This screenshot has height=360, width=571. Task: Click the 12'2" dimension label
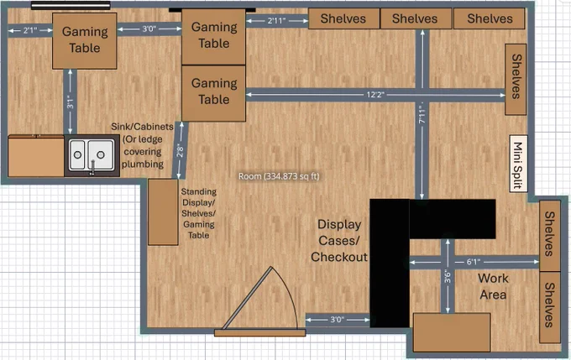click(x=375, y=95)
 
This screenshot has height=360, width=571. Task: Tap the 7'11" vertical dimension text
click(x=422, y=112)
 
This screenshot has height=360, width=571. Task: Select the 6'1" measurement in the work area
click(x=473, y=262)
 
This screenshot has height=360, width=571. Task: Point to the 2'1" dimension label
click(x=30, y=30)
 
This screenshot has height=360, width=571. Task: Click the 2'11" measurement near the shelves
click(x=277, y=21)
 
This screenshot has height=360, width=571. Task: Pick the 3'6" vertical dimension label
click(x=448, y=277)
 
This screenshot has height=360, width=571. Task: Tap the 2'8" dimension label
click(x=181, y=150)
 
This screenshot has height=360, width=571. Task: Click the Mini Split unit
click(x=518, y=164)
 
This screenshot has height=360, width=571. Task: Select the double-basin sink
click(x=92, y=155)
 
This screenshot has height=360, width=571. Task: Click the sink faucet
click(x=93, y=168)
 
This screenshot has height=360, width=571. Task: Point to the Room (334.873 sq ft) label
click(x=279, y=176)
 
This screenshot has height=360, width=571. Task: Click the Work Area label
click(x=493, y=286)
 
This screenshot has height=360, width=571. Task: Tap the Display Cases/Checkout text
click(x=339, y=241)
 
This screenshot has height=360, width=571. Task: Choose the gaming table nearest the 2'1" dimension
click(x=85, y=41)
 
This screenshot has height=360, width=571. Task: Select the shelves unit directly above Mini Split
click(x=516, y=80)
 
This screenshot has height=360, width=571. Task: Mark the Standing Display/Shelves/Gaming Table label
click(x=198, y=213)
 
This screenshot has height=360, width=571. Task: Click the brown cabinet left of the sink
click(x=36, y=156)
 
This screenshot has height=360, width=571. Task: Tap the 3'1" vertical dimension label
click(x=71, y=102)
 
